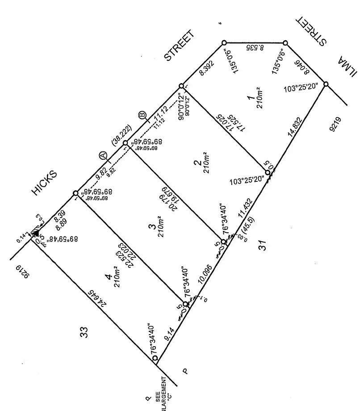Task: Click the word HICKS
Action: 44,183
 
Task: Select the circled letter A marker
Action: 103,156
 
